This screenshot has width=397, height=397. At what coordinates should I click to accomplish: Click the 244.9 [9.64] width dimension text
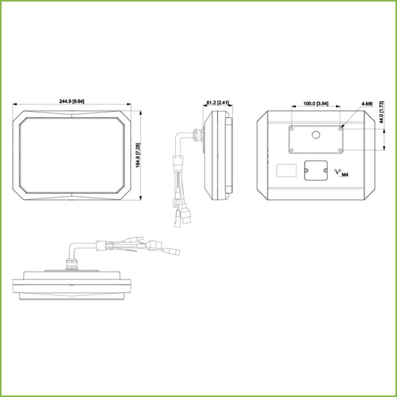(71, 101)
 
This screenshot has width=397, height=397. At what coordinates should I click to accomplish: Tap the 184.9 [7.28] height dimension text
(138, 155)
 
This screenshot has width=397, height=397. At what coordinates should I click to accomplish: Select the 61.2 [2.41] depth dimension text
(218, 103)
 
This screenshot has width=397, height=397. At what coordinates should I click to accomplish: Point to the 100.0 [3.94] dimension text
(316, 103)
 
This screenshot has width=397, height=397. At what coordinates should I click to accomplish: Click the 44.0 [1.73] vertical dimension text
(382, 112)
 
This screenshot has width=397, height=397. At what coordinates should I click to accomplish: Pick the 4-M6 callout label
(367, 104)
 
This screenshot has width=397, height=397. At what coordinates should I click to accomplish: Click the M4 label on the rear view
(345, 175)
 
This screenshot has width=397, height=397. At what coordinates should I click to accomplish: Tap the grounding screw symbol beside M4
(338, 171)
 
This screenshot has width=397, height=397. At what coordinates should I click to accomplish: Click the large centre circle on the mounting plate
(316, 135)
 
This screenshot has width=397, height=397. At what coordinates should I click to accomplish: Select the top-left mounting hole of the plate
(292, 129)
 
